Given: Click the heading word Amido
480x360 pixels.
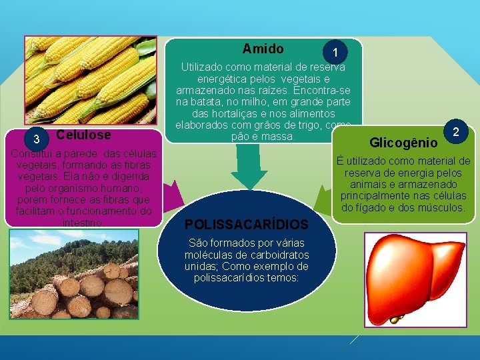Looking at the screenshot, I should pos(263,49).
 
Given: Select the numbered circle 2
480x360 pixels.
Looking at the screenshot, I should pos(456,131).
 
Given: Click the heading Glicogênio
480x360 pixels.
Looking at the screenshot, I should pos(403,143).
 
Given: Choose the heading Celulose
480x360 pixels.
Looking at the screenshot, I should pos(84,135).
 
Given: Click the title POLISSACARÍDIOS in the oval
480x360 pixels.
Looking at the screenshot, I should pos(247,225).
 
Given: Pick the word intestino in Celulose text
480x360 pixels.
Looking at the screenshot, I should pos(82,223).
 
